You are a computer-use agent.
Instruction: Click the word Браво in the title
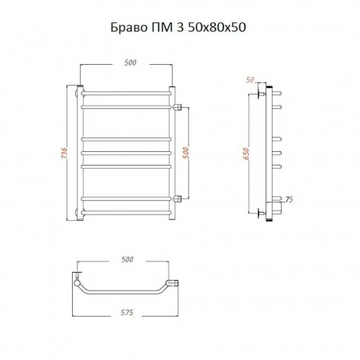[x=128, y=27]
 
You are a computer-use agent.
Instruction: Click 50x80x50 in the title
[x=217, y=27]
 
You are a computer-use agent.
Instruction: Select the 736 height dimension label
[x=65, y=153]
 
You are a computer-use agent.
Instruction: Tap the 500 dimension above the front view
[x=130, y=62]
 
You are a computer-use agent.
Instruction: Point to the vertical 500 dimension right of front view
[x=186, y=153]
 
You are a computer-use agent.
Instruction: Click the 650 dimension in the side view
[x=246, y=154]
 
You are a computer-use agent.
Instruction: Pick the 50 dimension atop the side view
[x=250, y=80]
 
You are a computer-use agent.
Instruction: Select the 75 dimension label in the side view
[x=289, y=199]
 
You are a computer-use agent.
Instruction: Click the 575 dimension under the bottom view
[x=126, y=312]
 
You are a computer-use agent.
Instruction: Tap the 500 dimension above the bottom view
[x=127, y=259]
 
